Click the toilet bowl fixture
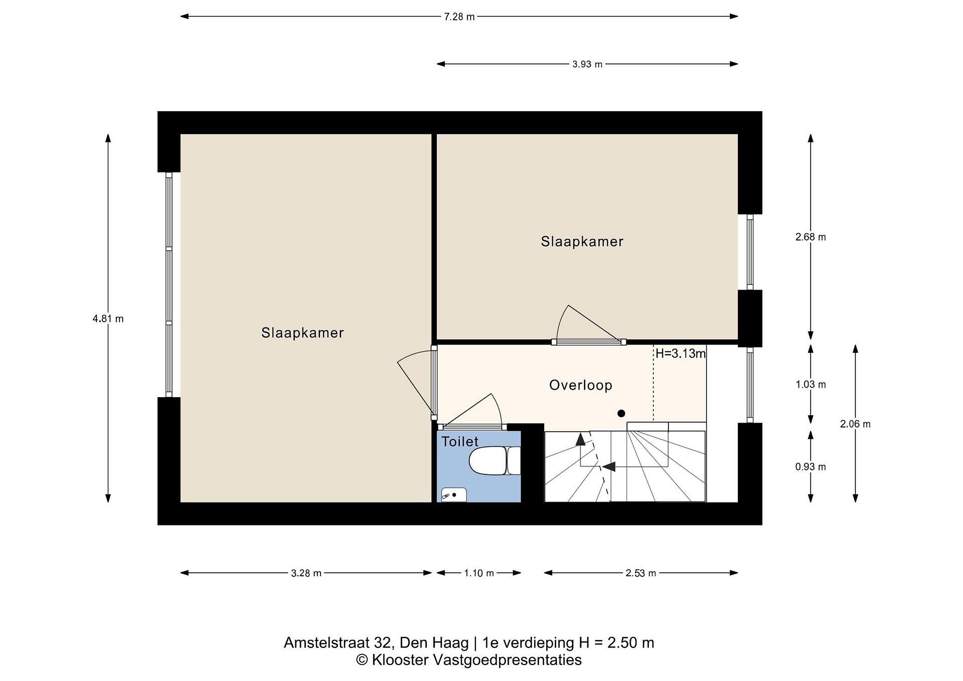(495, 460)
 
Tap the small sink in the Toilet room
(454, 495)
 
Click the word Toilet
(460, 442)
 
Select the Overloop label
(580, 385)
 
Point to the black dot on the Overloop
(621, 414)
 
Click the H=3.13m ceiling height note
(680, 353)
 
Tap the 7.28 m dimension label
(459, 17)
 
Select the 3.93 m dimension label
(587, 64)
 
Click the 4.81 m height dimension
(108, 319)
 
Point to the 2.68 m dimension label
(810, 237)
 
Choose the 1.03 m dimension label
(810, 384)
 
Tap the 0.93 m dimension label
(810, 467)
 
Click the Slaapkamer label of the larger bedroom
(302, 333)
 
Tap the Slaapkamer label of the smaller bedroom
(582, 241)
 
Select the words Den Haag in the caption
(434, 643)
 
